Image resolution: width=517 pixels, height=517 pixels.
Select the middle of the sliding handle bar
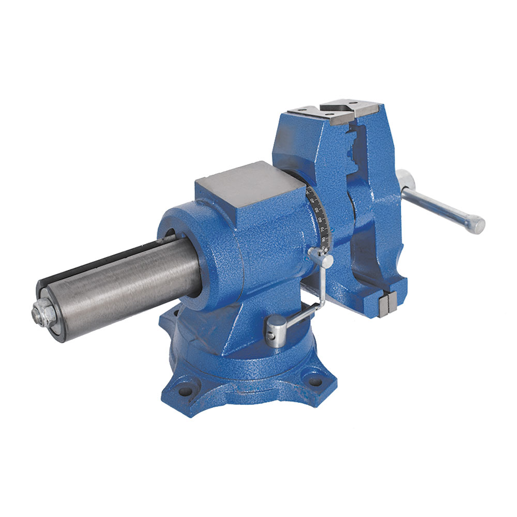coord(439,207)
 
